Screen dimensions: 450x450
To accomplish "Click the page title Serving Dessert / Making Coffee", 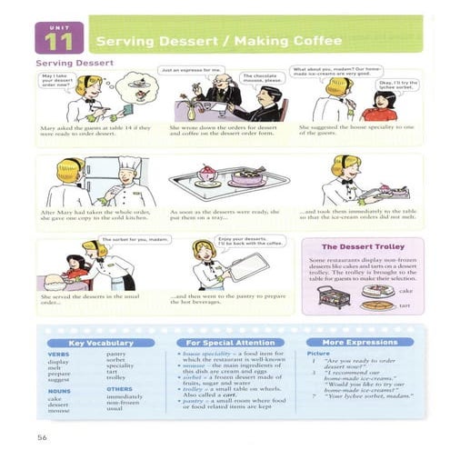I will (x=206, y=41).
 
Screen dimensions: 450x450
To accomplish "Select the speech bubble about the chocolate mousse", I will (x=259, y=81).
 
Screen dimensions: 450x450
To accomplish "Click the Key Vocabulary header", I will (x=101, y=343).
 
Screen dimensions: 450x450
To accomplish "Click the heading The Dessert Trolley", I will (x=360, y=246).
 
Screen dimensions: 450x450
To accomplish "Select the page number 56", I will (x=42, y=424).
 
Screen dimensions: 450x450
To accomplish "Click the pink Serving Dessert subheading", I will (x=75, y=63).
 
